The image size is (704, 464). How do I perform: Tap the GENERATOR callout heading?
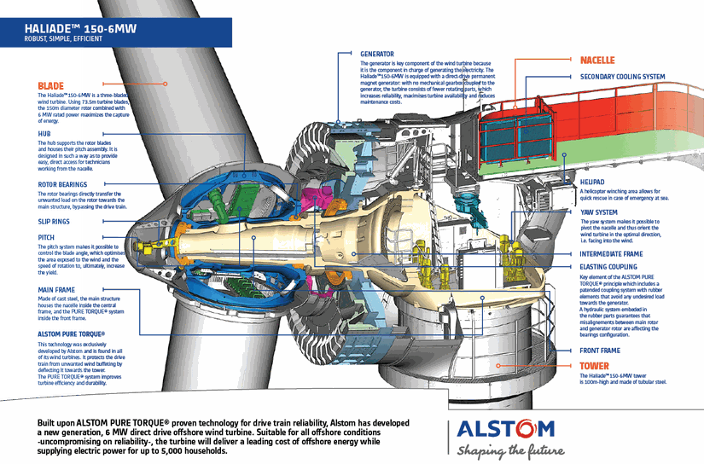pos(377,53)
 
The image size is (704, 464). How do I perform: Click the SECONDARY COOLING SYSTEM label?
pos(622,77)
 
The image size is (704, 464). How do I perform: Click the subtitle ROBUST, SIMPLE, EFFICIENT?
pos(64,39)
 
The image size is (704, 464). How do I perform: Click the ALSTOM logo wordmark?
pos(505,430)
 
